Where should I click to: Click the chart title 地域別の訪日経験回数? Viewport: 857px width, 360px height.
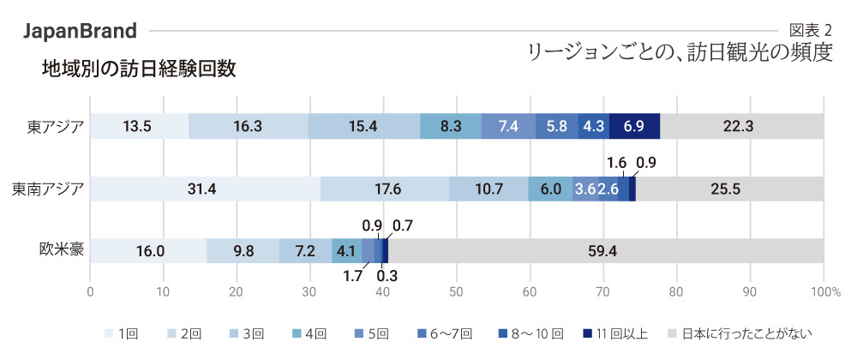tap(139, 69)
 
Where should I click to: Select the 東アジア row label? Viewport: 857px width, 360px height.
tap(56, 126)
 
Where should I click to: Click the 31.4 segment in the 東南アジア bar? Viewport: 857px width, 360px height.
tap(205, 189)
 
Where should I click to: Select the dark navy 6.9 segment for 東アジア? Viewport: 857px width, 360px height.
tap(634, 126)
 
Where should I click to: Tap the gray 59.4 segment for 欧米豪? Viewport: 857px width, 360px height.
tap(606, 251)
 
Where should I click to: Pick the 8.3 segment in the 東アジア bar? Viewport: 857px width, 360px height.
tap(451, 126)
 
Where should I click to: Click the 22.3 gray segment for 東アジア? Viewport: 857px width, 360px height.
tap(741, 126)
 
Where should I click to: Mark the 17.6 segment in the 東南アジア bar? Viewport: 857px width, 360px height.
tap(385, 189)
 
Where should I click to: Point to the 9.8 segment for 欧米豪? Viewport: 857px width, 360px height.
tap(243, 251)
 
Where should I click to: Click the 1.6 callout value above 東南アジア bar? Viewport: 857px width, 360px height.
tap(616, 162)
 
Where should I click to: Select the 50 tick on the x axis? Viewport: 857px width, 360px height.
tap(457, 291)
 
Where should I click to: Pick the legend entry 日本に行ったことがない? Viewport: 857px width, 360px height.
tap(740, 333)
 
